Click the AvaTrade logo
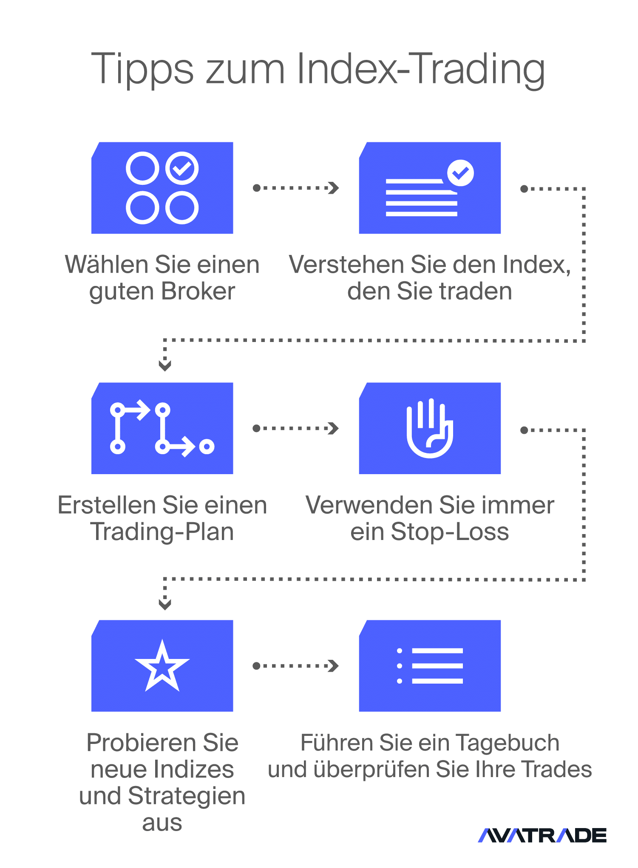pos(542,835)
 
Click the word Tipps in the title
pos(142,69)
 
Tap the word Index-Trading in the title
pos(421,69)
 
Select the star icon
pos(162,666)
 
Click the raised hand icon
pos(430,428)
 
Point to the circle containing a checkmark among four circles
pos(182,168)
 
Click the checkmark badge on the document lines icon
pos(460,172)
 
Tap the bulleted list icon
pos(430,666)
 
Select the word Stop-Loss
pos(450,532)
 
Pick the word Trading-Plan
pos(162,532)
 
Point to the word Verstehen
pos(346,265)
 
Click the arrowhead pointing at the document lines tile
pos(334,188)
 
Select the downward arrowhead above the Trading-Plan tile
pos(165,365)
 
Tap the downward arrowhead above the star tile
pos(165,604)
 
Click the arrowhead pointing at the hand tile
pos(334,428)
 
